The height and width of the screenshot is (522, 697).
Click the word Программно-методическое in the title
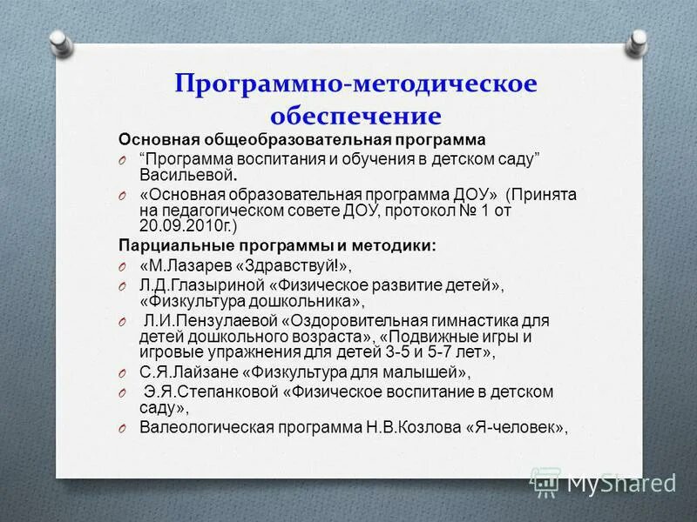(x=355, y=84)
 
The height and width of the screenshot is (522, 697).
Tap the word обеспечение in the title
(x=355, y=115)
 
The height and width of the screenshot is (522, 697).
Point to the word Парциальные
(x=163, y=245)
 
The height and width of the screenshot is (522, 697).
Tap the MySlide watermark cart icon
(x=545, y=481)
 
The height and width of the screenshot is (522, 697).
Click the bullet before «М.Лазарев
(x=125, y=266)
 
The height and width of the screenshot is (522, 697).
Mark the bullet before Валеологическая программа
(x=125, y=427)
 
